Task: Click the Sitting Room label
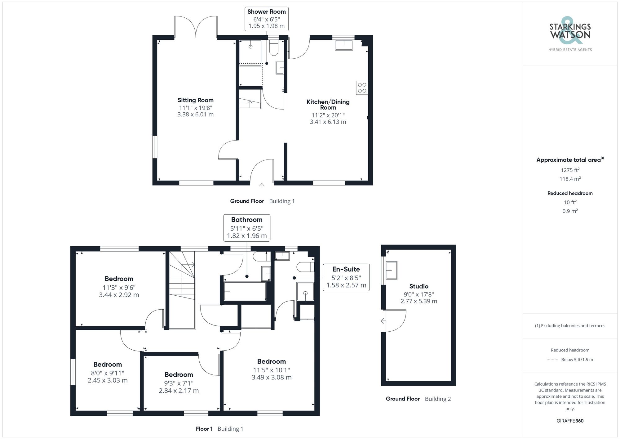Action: point(195,100)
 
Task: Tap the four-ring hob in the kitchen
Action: point(362,88)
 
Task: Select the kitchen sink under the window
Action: point(344,45)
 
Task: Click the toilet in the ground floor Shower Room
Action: point(273,48)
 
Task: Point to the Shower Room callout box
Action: point(267,19)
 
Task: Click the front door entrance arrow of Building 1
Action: point(262,186)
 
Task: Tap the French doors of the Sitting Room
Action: point(196,27)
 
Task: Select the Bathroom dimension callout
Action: point(247,228)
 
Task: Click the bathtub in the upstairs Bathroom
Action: point(245,291)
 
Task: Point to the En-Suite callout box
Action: point(346,277)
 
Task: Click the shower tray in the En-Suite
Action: point(305,292)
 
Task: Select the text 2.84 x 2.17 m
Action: point(179,391)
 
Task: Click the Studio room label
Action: point(418,286)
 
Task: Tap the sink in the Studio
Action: point(392,270)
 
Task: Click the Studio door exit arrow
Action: point(383,321)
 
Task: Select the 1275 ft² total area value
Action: point(570,170)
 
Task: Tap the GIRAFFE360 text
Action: point(570,421)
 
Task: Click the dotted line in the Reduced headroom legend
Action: point(552,360)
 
